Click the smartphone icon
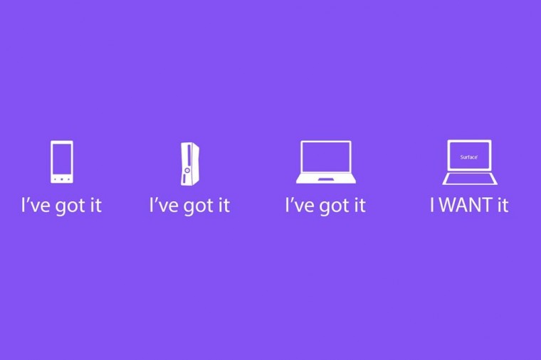tap(62, 162)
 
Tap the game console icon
tap(190, 164)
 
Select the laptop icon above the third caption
tap(326, 162)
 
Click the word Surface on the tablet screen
tap(469, 157)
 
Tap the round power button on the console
tap(187, 170)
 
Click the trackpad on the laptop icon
tap(326, 180)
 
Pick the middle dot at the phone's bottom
tap(62, 179)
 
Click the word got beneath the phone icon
tap(71, 206)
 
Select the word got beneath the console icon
tap(199, 206)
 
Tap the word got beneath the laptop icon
tap(335, 206)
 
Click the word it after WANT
tap(503, 205)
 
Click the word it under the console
tap(224, 205)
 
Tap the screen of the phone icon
tap(62, 159)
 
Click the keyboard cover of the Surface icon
tap(470, 179)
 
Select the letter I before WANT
tap(432, 205)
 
